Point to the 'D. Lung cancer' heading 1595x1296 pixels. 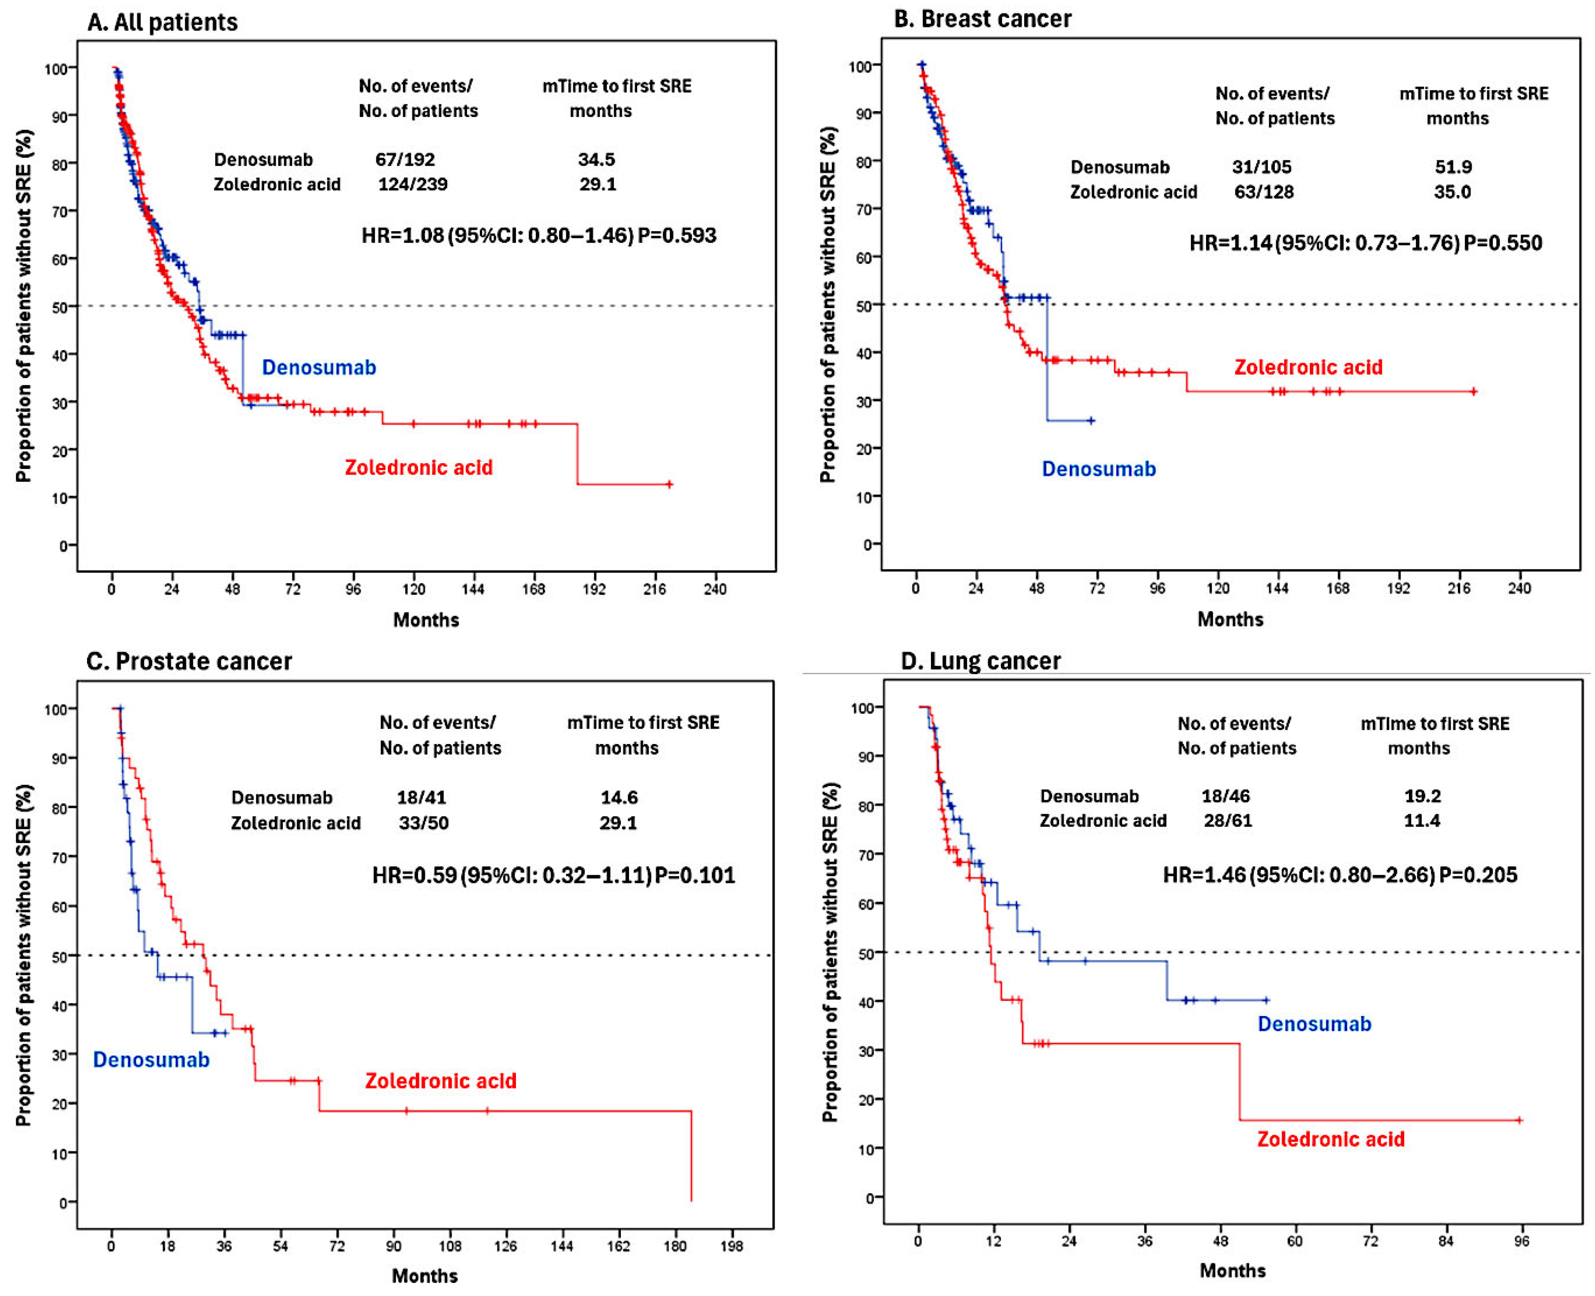point(981,661)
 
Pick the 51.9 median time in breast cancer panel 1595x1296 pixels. point(1453,166)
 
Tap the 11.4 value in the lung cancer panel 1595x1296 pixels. point(1421,821)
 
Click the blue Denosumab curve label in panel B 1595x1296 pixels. point(1099,469)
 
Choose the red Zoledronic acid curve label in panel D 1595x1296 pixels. point(1331,1139)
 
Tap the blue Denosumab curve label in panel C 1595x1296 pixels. point(151,1060)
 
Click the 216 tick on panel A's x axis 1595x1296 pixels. point(655,589)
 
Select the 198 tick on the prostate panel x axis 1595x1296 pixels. point(732,1246)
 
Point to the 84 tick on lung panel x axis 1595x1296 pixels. point(1446,1241)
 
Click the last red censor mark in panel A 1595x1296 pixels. point(669,484)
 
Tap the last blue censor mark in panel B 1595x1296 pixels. point(1091,421)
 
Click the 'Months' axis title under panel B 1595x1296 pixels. point(1230,619)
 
